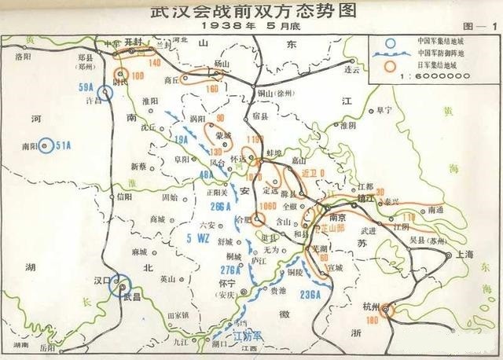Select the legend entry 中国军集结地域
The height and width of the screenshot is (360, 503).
pyautogui.click(x=437, y=41)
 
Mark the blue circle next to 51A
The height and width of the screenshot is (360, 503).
pyautogui.click(x=46, y=145)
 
